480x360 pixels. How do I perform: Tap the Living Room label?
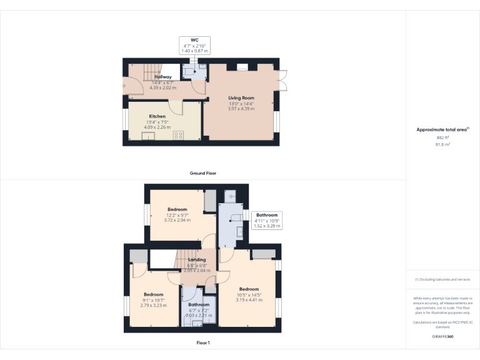point(241,98)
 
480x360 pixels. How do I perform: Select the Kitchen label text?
point(157,116)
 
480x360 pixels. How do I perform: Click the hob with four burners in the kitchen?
point(179,135)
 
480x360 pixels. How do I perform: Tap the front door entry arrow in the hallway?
point(124,86)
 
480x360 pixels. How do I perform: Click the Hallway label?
point(162,77)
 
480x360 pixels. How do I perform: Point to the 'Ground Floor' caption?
point(203,172)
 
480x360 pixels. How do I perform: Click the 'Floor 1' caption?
point(202,342)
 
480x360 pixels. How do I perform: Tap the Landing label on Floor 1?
point(197,259)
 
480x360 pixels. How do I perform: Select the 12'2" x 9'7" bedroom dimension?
point(177,215)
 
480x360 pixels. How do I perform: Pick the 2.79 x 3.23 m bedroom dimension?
point(153,305)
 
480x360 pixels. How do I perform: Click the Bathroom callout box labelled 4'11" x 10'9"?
point(266,220)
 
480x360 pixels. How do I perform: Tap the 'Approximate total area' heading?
point(441,129)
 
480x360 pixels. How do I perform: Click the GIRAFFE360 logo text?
point(442,336)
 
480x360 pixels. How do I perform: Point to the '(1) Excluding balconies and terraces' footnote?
point(442,279)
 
